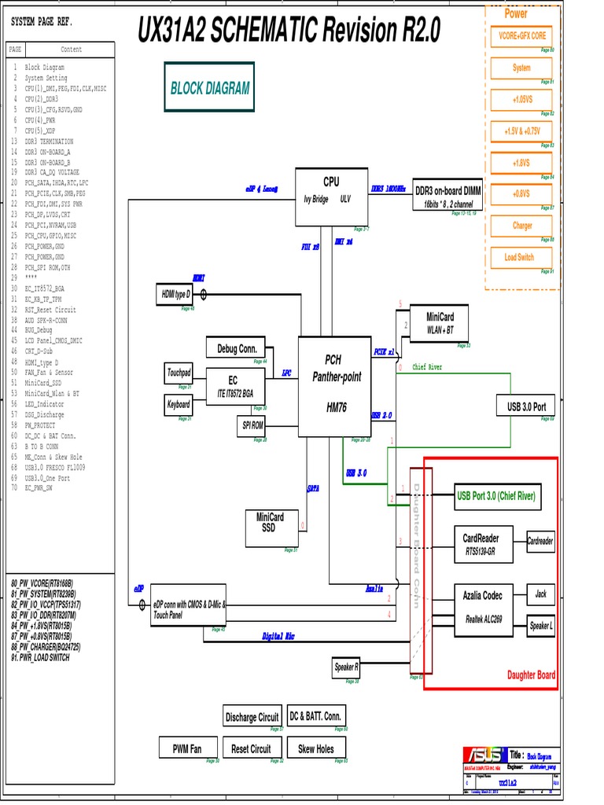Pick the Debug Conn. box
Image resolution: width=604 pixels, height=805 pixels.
237,348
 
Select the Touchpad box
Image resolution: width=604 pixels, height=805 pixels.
179,373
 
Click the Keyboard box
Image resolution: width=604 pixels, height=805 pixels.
179,405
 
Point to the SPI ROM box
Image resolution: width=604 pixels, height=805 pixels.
252,425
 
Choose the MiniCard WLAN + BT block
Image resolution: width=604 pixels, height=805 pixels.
440,323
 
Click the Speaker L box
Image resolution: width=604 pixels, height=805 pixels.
540,626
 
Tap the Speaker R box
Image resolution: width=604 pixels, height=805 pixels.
346,667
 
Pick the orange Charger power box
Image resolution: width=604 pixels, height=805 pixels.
522,226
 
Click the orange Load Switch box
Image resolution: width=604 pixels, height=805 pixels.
519,257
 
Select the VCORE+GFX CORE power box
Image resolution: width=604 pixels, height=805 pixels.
522,36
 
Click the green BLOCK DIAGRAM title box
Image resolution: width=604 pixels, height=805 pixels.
209,89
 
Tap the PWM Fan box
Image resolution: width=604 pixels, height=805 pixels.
187,749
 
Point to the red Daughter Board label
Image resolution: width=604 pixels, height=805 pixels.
531,675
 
